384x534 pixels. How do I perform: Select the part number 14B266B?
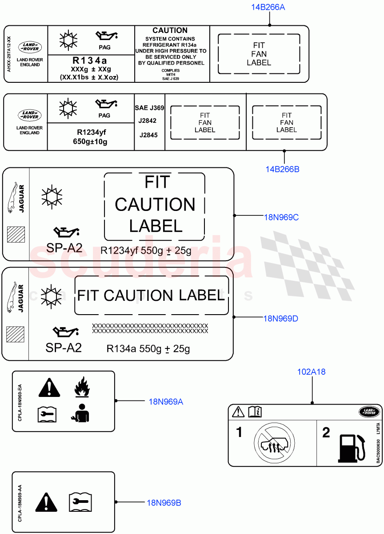click(282, 169)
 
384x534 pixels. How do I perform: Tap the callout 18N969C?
click(281, 217)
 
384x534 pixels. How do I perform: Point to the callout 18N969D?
click(280, 318)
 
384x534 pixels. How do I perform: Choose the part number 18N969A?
click(166, 402)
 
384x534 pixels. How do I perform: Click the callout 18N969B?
click(164, 503)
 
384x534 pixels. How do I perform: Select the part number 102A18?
click(311, 372)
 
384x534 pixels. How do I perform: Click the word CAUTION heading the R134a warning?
click(170, 30)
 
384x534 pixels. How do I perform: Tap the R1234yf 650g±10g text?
click(91, 137)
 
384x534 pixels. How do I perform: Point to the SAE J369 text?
click(149, 108)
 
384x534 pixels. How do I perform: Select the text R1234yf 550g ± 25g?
click(146, 251)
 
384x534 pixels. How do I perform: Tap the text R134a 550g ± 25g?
click(148, 349)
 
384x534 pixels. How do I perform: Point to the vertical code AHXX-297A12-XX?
click(8, 54)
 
